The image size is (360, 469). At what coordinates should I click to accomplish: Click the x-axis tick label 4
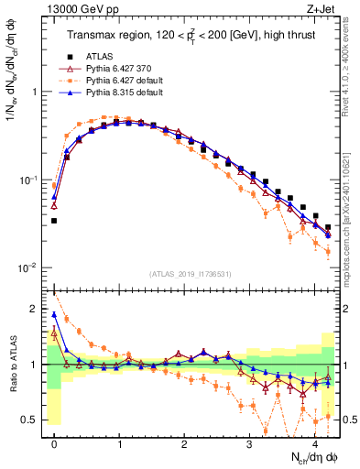pos(314,444)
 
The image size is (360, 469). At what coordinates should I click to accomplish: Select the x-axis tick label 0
pos(54,444)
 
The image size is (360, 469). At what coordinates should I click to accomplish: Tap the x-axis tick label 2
pos(184,444)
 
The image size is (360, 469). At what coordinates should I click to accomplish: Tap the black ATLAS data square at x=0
pos(54,221)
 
